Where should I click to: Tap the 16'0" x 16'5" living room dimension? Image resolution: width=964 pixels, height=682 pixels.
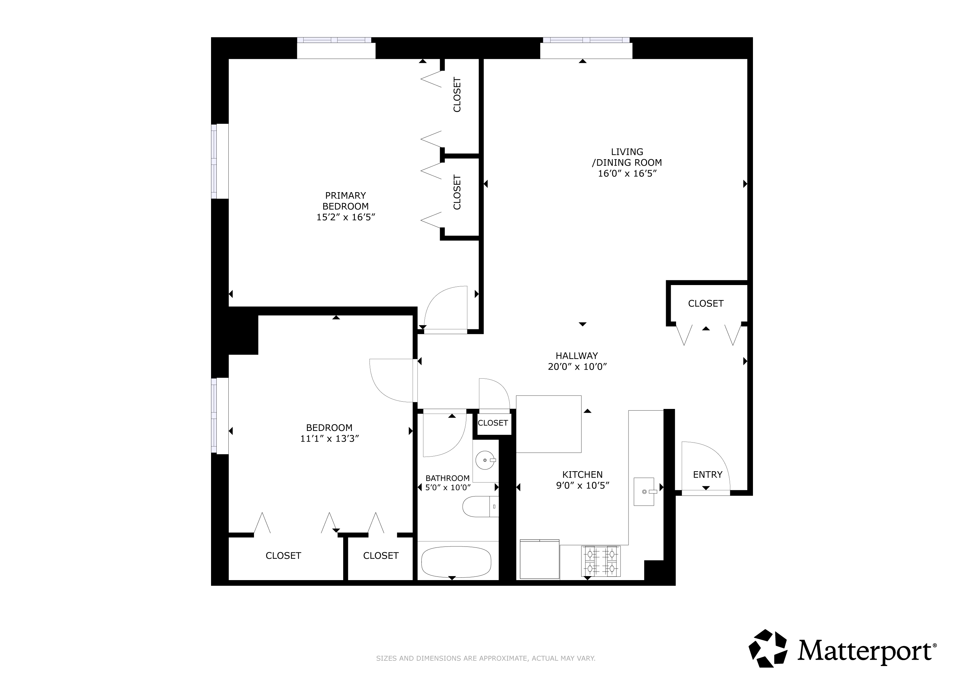[627, 173]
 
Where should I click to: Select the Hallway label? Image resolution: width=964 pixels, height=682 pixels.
[577, 356]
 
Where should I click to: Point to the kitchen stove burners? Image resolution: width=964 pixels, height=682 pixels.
[601, 561]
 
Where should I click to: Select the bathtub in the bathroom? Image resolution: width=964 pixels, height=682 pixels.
[456, 562]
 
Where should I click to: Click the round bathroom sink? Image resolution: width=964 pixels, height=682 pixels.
[486, 461]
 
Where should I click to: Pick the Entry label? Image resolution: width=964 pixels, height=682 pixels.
[707, 475]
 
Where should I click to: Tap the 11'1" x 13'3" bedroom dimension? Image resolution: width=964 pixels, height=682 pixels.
[330, 439]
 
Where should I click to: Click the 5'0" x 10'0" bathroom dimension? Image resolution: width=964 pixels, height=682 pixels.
[448, 488]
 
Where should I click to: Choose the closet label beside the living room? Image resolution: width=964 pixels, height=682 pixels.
[706, 304]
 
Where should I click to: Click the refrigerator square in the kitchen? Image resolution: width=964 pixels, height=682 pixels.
[540, 559]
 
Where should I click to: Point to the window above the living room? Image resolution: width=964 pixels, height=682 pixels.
[586, 40]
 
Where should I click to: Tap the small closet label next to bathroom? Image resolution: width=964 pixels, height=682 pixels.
[493, 423]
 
